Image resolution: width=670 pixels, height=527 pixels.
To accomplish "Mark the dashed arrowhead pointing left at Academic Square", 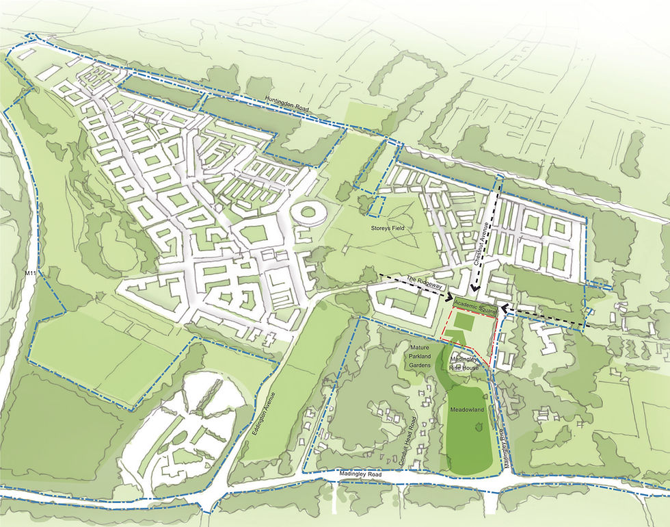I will (x=503, y=309).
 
